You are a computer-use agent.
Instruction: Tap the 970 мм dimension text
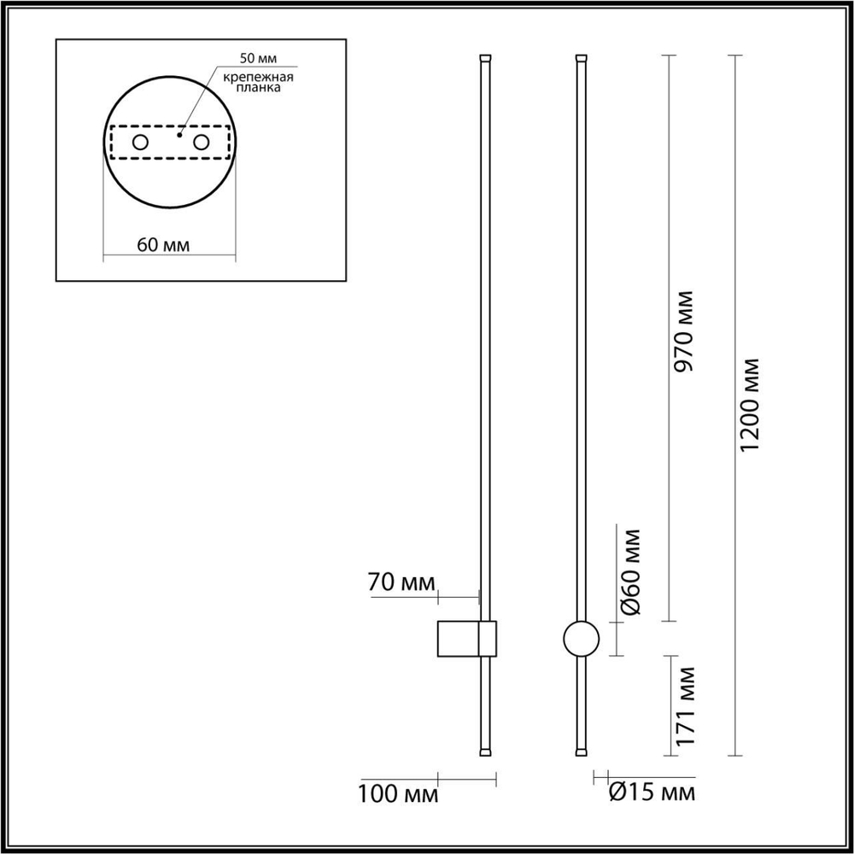683,330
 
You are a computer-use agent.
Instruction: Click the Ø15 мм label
652,793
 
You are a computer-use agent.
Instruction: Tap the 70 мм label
401,584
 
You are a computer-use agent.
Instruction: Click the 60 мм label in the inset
162,245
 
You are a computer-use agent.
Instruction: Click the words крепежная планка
258,82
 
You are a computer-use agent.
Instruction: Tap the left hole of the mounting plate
140,142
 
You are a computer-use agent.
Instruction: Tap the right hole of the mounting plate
202,142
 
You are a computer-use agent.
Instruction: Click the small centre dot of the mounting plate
178,134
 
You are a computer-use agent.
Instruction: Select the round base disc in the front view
582,639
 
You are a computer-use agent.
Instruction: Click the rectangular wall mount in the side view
466,639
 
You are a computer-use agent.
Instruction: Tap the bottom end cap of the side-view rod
485,752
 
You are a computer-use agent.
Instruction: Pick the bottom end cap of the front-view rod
582,752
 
